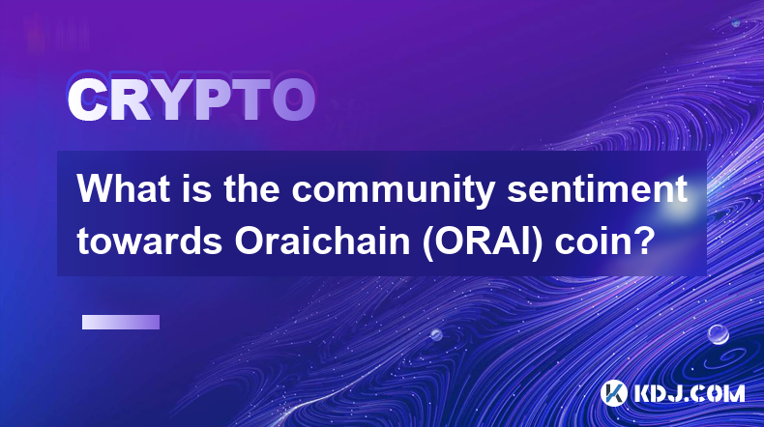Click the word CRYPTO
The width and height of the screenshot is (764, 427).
[191, 100]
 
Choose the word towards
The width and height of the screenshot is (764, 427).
[150, 241]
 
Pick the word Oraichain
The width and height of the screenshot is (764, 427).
[322, 241]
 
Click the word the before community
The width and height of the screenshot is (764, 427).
[251, 189]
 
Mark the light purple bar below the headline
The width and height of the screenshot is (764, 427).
[121, 322]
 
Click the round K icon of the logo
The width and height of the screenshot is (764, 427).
[613, 393]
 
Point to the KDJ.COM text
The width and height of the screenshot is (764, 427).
[689, 393]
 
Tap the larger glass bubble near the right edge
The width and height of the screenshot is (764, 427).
[718, 334]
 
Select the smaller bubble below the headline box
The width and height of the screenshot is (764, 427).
[436, 335]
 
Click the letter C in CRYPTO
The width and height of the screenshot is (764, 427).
[87, 100]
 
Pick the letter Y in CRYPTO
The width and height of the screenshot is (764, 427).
[168, 100]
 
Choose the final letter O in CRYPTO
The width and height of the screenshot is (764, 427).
[293, 100]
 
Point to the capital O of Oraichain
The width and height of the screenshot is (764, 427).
[250, 241]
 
